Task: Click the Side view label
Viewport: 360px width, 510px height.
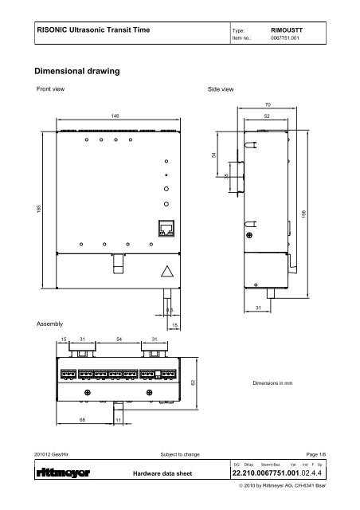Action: click(220, 90)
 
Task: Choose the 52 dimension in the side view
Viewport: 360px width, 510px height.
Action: click(267, 116)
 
